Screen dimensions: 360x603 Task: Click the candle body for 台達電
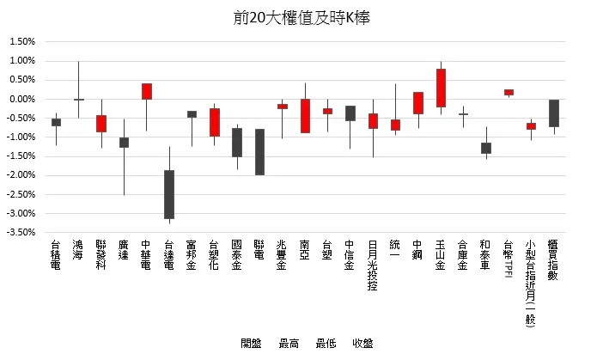(169, 194)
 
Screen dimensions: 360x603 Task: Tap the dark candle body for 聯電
(259, 151)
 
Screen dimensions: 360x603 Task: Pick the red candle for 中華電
(147, 91)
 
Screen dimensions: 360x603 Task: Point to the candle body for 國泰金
(237, 143)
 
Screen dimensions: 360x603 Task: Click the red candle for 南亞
(305, 115)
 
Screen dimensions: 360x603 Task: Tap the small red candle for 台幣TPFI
(509, 92)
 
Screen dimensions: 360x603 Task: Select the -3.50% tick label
(21, 232)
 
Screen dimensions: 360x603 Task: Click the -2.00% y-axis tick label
(21, 175)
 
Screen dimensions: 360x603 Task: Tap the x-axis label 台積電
(56, 256)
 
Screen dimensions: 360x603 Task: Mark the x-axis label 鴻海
(78, 251)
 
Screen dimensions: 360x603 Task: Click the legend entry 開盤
(251, 344)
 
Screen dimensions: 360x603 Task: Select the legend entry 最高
(289, 344)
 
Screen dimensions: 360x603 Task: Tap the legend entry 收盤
(362, 344)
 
